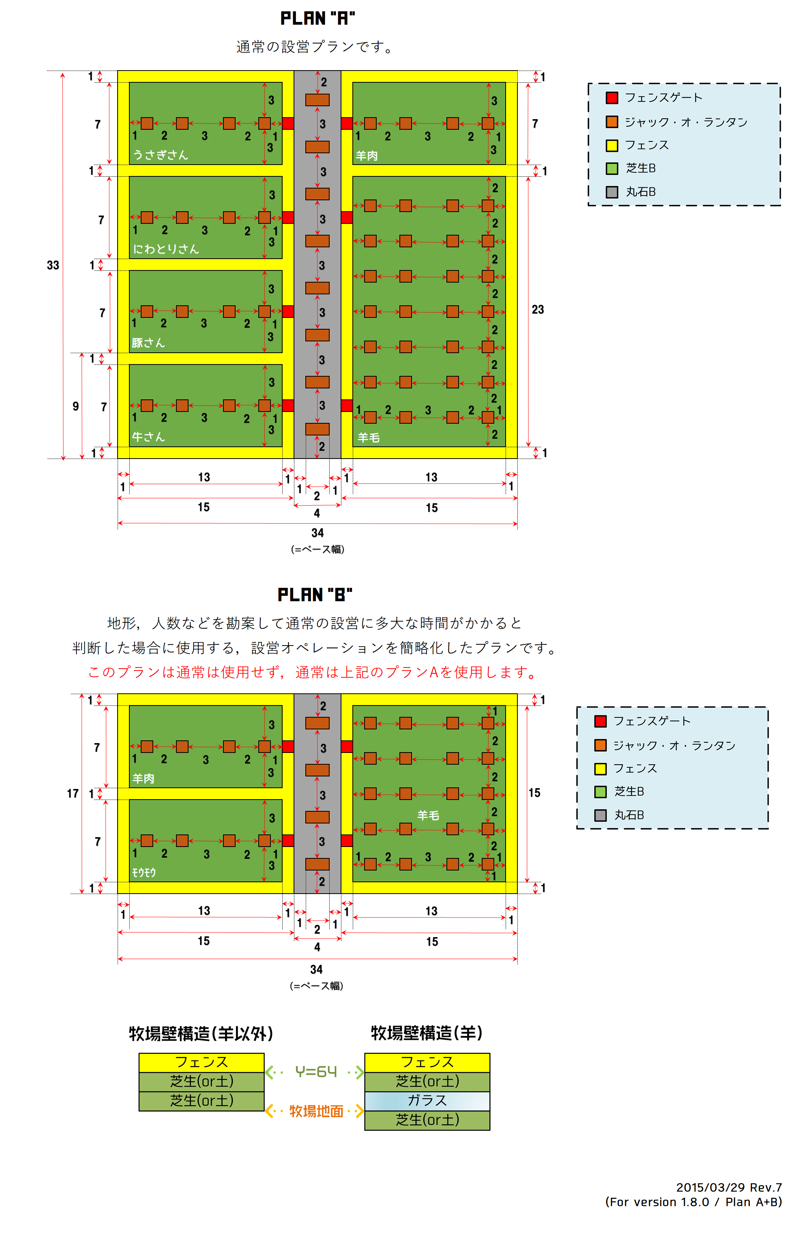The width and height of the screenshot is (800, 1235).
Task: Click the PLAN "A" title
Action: (317, 19)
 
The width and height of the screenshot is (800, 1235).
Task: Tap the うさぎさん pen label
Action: (160, 155)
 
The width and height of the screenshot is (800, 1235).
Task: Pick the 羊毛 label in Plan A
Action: (368, 437)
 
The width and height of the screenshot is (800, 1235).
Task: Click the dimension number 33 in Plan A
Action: (53, 265)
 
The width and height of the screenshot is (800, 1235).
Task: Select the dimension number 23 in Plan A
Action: (537, 310)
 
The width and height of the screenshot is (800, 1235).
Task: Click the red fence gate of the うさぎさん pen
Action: (288, 123)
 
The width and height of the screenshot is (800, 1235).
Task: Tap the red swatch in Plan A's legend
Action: (612, 98)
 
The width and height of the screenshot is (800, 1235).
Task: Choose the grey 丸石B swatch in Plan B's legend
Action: (600, 815)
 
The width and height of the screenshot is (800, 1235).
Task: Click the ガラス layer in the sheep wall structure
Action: (427, 1101)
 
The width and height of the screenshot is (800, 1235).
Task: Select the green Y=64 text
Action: (316, 1072)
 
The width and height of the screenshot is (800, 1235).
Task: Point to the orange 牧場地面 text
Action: (316, 1111)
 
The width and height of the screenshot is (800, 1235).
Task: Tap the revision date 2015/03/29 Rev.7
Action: (728, 1187)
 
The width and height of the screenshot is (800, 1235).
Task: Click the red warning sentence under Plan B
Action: (313, 672)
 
